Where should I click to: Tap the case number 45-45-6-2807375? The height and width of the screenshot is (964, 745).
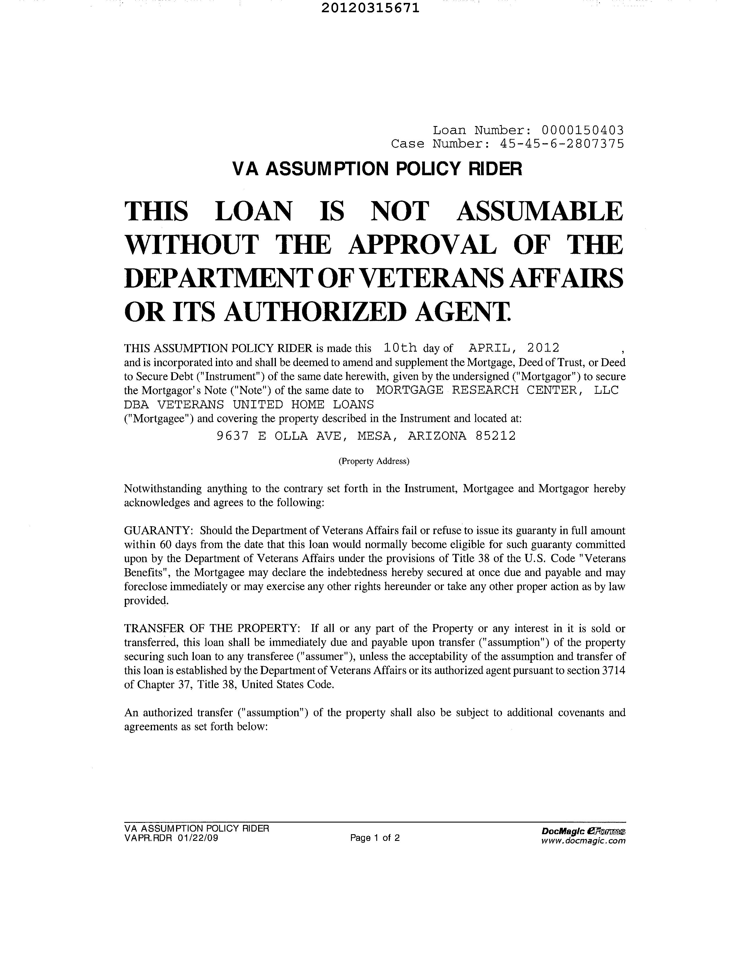click(x=562, y=144)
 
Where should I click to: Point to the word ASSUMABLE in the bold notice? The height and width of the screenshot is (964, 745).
click(x=539, y=211)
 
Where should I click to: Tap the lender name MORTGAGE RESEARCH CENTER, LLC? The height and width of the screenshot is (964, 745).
click(x=497, y=390)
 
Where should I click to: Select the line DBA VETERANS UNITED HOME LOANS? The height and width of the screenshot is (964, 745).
click(x=249, y=404)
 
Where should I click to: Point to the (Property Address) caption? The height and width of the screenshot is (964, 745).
click(x=374, y=461)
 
